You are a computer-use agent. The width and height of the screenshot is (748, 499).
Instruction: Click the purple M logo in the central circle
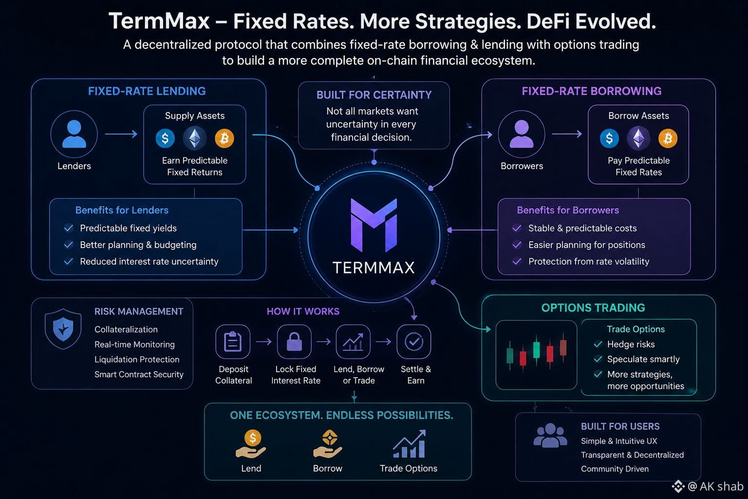pyautogui.click(x=374, y=225)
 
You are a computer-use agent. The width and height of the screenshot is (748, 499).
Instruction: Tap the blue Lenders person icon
pyautogui.click(x=74, y=134)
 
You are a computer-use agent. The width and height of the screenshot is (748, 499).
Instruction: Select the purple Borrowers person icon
pyautogui.click(x=522, y=134)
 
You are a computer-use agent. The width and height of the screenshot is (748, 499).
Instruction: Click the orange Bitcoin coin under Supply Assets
pyautogui.click(x=224, y=138)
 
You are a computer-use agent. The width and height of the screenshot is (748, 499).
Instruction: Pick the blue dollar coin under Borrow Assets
pyautogui.click(x=609, y=138)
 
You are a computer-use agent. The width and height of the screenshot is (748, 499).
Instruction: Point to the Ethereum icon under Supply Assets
pyautogui.click(x=195, y=138)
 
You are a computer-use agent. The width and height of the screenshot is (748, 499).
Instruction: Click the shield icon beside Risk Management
pyautogui.click(x=63, y=329)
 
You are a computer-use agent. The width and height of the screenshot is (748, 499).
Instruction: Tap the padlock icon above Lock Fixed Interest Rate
pyautogui.click(x=294, y=342)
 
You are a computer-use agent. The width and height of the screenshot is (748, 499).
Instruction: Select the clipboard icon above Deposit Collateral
pyautogui.click(x=233, y=342)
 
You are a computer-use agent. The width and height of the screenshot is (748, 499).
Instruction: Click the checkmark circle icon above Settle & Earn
pyautogui.click(x=414, y=342)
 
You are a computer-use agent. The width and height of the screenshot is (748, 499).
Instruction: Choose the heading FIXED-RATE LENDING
pyautogui.click(x=147, y=91)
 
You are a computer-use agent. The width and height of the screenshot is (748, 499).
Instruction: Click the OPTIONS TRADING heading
pyautogui.click(x=593, y=308)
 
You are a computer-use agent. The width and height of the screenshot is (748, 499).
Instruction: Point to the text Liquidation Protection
pyautogui.click(x=137, y=359)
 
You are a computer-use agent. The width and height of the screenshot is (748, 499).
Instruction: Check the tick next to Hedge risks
pyautogui.click(x=598, y=344)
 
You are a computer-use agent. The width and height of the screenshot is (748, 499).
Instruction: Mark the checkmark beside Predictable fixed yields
pyautogui.click(x=69, y=228)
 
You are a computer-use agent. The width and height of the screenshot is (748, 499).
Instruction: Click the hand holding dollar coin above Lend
pyautogui.click(x=251, y=444)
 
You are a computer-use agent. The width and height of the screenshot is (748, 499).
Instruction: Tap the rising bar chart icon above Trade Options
pyautogui.click(x=409, y=443)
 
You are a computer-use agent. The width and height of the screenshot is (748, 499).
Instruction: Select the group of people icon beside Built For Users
pyautogui.click(x=550, y=435)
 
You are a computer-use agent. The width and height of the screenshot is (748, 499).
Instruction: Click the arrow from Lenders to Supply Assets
pyautogui.click(x=121, y=134)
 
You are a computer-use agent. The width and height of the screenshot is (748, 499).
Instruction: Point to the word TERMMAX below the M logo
pyautogui.click(x=374, y=268)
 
